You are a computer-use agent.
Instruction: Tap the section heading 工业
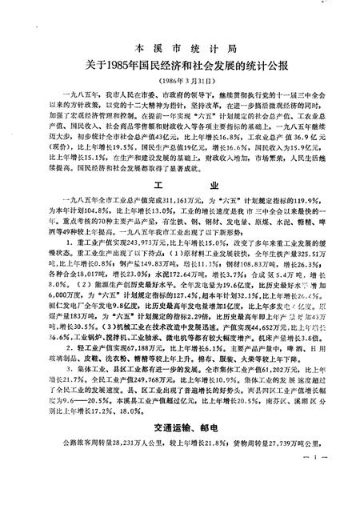[179, 203]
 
